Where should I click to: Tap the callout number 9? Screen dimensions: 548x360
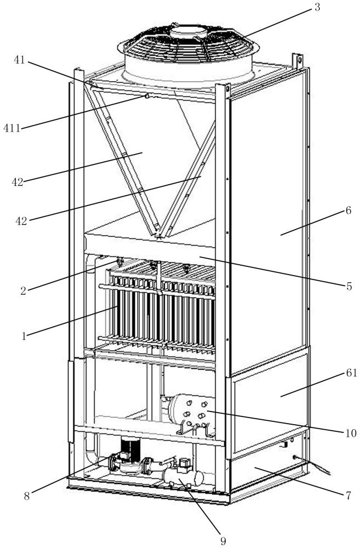[x=223, y=541]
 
